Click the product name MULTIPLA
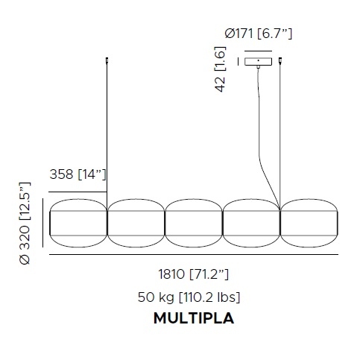coord(193,319)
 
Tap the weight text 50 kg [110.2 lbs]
coord(189,297)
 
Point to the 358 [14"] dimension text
coord(78,174)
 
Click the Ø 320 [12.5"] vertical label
coord(27,223)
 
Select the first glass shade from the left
coord(78,223)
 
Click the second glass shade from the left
coord(136,223)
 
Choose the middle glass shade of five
coord(193,223)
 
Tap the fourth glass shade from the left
coord(251,223)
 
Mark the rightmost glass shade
coord(309,223)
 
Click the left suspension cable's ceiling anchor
coord(107,59)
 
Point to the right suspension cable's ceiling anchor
coord(280,59)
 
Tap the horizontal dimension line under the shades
coord(193,255)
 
